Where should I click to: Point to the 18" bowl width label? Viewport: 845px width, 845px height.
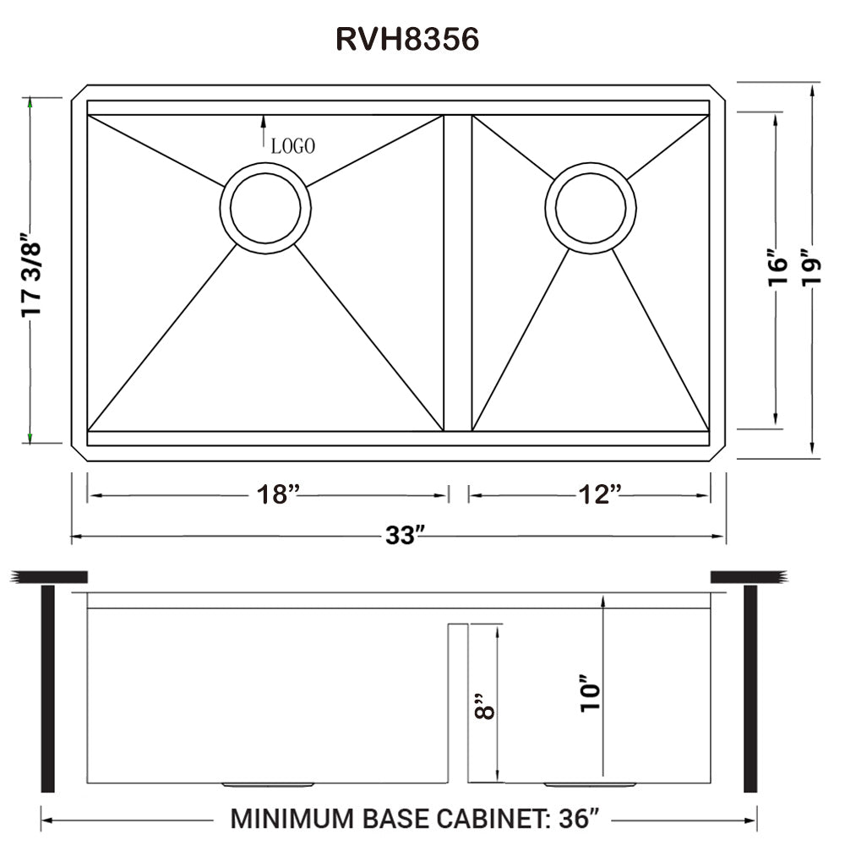(279, 495)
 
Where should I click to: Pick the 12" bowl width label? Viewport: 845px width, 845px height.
(602, 495)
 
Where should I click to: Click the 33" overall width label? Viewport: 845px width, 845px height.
(402, 536)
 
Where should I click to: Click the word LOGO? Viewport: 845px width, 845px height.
(293, 146)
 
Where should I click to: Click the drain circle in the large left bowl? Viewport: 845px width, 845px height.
(265, 207)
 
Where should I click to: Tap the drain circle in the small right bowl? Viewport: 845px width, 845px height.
(591, 208)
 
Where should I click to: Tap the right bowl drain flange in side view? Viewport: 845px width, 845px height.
(591, 785)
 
